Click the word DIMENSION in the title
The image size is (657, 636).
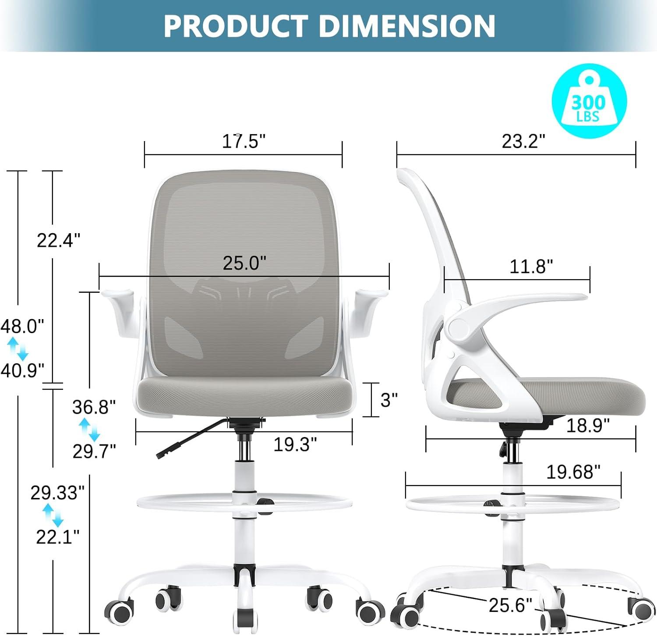[x=407, y=26]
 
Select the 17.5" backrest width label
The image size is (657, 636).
[x=244, y=141]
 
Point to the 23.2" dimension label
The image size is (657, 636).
[x=523, y=141]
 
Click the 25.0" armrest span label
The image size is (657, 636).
[x=244, y=263]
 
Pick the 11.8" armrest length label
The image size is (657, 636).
[x=531, y=266]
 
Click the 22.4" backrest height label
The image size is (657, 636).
[x=58, y=241]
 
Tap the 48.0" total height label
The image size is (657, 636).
[x=22, y=327]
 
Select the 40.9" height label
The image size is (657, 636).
[x=22, y=371]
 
